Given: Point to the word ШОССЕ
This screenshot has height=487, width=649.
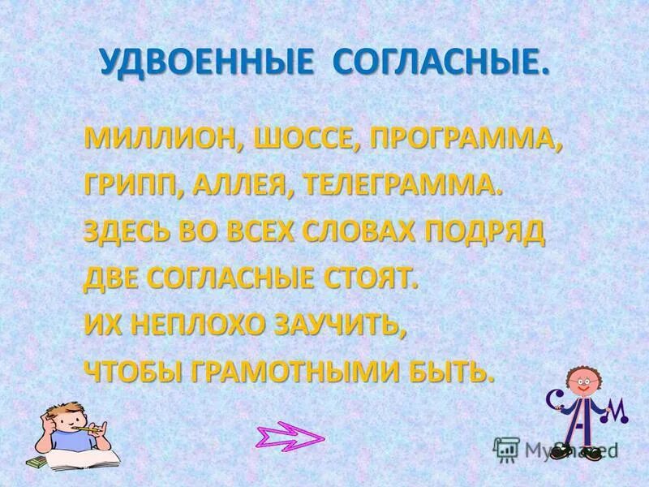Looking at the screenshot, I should click(x=305, y=139).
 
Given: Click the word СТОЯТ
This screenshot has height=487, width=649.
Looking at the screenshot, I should click(x=370, y=278).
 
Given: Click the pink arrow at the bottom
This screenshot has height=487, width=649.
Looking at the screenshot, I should click(x=290, y=438).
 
